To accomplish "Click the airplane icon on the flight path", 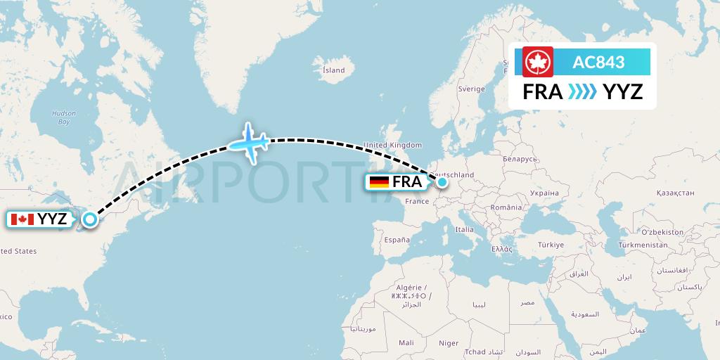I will pos(248,143).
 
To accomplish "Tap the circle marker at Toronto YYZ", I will pos(90,219).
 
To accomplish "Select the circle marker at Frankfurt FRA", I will pos(442,182).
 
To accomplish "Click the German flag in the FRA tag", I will pos(379,182).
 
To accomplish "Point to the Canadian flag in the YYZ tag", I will pos(22,219).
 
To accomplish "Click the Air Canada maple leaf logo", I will pos(538,62).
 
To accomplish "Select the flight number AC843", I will pos(598,62).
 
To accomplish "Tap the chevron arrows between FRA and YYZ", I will pos(582,91).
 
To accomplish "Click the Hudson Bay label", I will pos(64,117).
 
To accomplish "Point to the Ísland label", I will pos(333,70).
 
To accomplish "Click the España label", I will pos(397,240).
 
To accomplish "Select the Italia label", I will pos(464,229).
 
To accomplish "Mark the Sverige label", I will pos(471,89).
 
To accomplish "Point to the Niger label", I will pos(449,343).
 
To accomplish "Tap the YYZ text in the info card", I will pos(623,91).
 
